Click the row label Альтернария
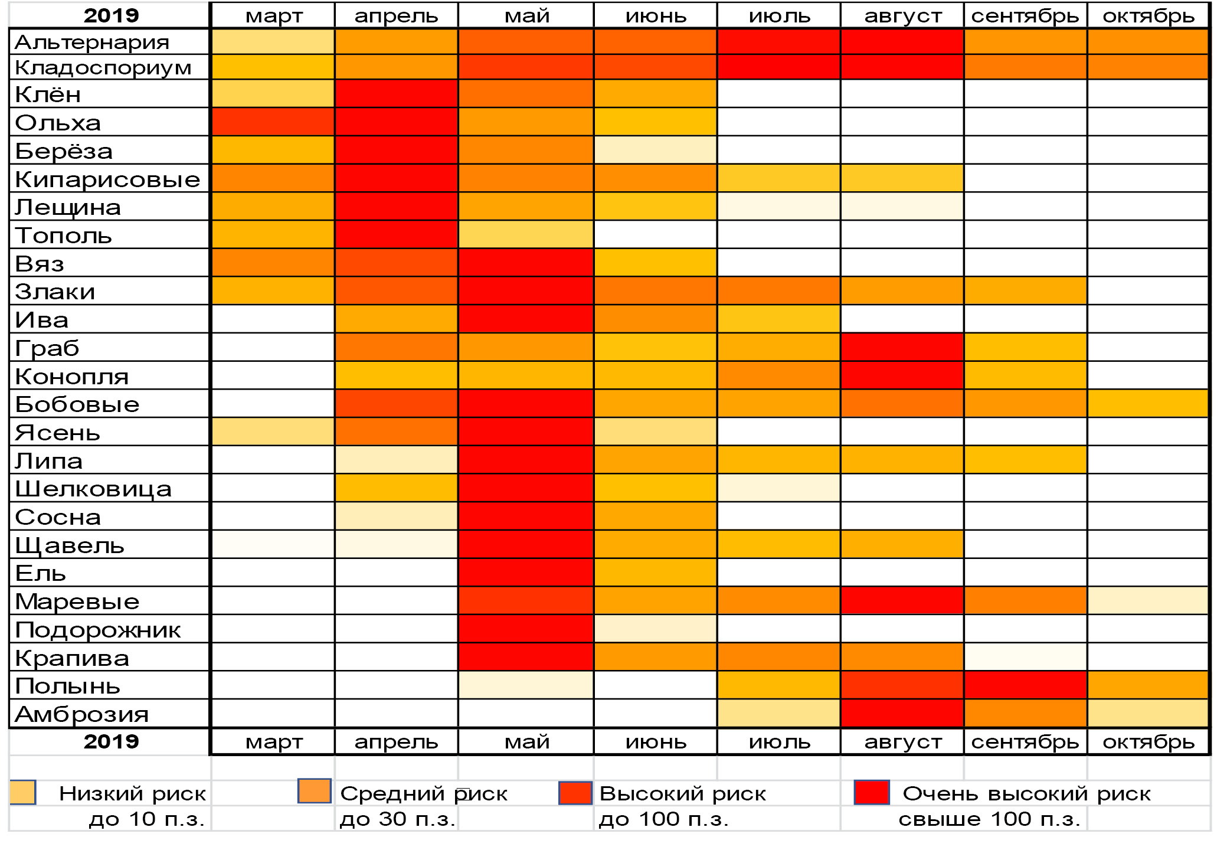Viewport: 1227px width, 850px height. (92, 42)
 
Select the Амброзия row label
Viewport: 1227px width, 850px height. (82, 714)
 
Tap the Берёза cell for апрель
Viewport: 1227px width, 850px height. (396, 151)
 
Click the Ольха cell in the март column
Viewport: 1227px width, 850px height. (272, 122)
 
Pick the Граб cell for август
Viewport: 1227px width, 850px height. (902, 347)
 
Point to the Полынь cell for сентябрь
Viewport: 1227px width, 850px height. (1025, 685)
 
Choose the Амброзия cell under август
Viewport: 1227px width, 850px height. (902, 714)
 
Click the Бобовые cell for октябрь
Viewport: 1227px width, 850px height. (1148, 404)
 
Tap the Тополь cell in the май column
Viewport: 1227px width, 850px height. (525, 235)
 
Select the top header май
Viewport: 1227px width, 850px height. (526, 16)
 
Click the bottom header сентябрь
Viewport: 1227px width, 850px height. (1025, 742)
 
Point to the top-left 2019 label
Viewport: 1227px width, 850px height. (111, 16)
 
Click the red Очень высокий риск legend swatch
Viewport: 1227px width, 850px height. (872, 793)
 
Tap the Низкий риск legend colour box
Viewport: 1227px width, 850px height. (24, 793)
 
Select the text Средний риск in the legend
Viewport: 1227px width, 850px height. (424, 794)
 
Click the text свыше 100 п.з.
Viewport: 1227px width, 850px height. (989, 819)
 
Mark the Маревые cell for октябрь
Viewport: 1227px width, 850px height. (1148, 601)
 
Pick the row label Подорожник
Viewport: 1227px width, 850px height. (98, 630)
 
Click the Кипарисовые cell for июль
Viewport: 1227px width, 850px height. (778, 179)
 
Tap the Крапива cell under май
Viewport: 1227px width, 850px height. (525, 657)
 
